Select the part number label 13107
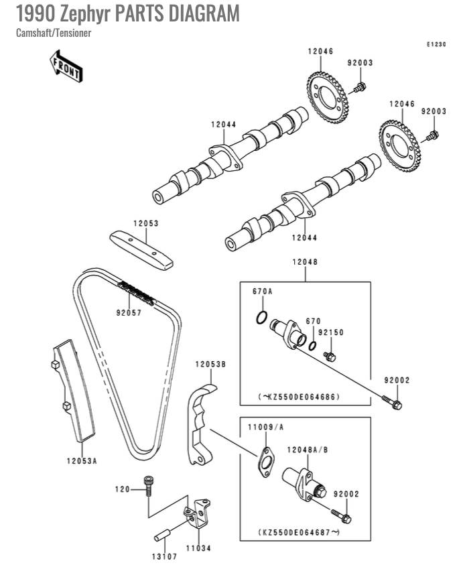[163, 556]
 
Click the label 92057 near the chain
[128, 312]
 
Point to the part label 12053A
[82, 460]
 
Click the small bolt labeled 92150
[329, 355]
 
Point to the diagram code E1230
[436, 44]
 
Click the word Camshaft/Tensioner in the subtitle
[53, 33]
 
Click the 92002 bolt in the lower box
[342, 516]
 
